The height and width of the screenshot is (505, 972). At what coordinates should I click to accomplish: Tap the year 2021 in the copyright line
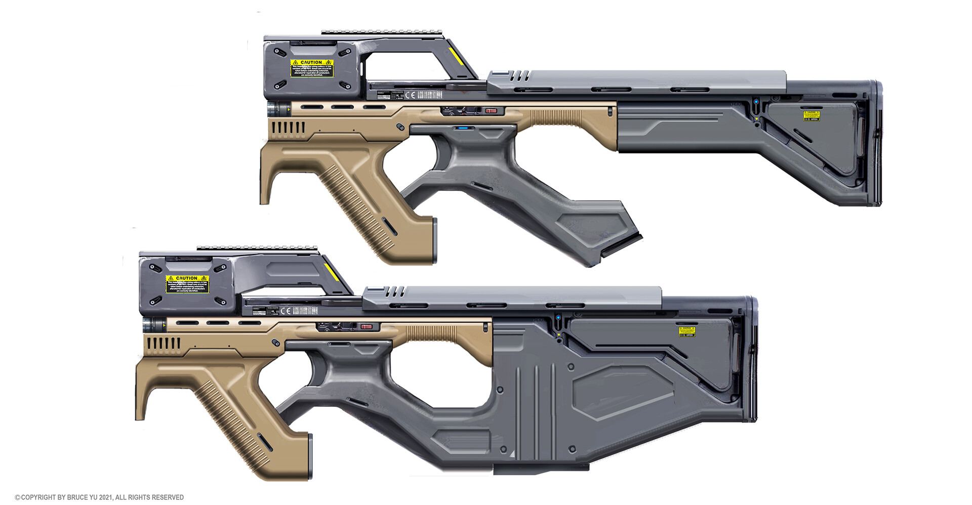pyautogui.click(x=105, y=497)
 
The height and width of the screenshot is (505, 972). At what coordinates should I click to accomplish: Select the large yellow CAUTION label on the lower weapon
pyautogui.click(x=187, y=284)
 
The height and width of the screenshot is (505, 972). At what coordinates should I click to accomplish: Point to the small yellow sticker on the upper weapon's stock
pyautogui.click(x=812, y=116)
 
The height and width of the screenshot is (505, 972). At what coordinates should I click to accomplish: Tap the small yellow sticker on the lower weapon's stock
pyautogui.click(x=687, y=331)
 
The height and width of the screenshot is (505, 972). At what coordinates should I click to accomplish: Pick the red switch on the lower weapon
pyautogui.click(x=367, y=327)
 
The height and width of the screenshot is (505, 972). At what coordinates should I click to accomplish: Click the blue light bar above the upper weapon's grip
pyautogui.click(x=463, y=128)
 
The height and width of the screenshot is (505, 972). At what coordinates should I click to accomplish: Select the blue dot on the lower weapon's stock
pyautogui.click(x=558, y=318)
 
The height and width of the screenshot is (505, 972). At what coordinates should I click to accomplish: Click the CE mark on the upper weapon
pyautogui.click(x=410, y=95)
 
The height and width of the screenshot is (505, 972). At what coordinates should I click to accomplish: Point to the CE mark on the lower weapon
pyautogui.click(x=286, y=311)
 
